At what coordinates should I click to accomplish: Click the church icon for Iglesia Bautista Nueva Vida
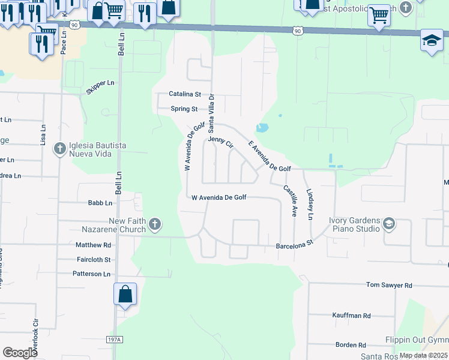(59, 148)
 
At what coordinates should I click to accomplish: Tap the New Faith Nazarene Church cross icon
(155, 225)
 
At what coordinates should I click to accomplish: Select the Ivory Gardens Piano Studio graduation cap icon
(388, 224)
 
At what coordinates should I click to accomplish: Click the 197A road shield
(115, 340)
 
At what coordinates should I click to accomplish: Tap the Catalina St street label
(184, 94)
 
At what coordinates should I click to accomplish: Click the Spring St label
(184, 109)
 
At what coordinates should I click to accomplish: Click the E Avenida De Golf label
(270, 157)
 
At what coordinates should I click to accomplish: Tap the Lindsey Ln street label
(310, 206)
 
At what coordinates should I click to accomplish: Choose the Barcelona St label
(295, 245)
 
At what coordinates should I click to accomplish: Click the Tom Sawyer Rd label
(390, 286)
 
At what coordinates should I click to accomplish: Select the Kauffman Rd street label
(352, 315)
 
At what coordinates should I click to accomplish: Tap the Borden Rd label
(351, 345)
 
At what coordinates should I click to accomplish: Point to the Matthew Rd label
(94, 245)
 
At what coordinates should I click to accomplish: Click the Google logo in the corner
(20, 352)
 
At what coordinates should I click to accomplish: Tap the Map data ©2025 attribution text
(424, 355)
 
